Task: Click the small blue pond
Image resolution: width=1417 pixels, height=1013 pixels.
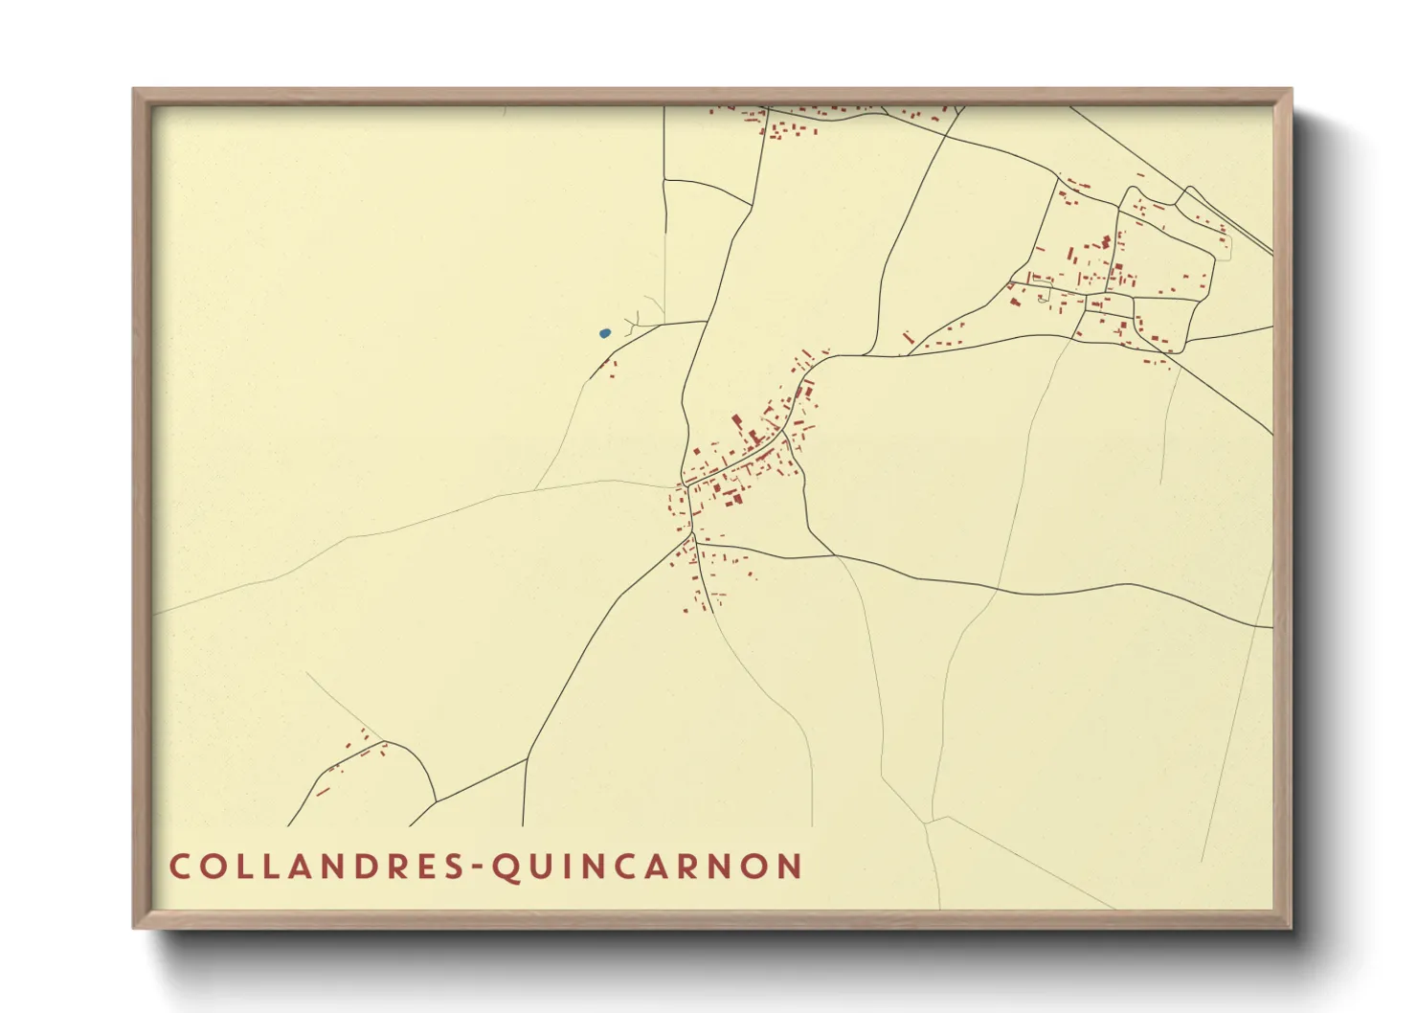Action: tap(604, 333)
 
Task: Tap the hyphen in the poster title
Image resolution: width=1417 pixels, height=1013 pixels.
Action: tap(477, 867)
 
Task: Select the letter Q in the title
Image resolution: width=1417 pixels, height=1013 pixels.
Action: tap(505, 867)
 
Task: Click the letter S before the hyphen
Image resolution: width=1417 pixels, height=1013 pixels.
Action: tap(452, 867)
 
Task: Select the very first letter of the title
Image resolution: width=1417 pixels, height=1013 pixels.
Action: tap(180, 867)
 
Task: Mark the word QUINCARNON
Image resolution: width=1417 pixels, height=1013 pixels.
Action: tap(647, 867)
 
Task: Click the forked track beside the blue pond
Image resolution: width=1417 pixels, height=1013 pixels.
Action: tap(636, 320)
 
